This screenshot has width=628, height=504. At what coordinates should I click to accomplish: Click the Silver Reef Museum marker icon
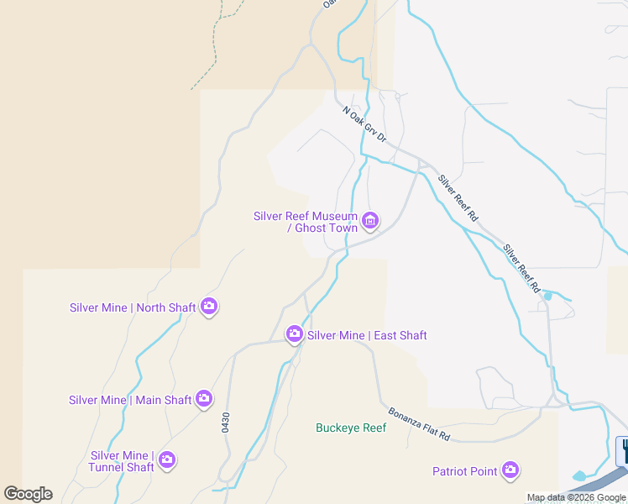[369, 221]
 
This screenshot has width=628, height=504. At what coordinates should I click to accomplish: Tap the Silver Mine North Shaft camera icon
[209, 307]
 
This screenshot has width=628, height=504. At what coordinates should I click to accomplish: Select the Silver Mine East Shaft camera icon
[294, 335]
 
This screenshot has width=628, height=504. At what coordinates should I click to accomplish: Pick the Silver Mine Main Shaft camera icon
[204, 400]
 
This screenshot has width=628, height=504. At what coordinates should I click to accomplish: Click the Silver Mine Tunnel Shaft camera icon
[166, 459]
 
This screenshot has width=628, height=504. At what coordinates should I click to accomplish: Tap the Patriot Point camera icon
[510, 471]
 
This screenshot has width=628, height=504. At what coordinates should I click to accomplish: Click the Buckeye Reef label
[351, 428]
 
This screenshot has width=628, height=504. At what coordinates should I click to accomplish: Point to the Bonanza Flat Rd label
[419, 425]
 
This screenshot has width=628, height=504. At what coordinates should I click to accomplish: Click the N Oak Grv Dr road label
[364, 123]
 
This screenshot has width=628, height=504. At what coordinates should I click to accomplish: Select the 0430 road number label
[226, 422]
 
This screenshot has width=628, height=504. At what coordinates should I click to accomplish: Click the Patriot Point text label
[464, 471]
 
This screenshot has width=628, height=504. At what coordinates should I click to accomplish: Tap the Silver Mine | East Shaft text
[367, 335]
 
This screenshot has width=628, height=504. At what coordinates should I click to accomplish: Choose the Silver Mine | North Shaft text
[133, 307]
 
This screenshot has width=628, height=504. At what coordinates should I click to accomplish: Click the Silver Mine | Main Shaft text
[130, 400]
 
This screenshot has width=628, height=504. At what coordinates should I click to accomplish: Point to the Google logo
[28, 494]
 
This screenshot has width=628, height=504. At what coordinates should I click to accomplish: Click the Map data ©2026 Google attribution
[577, 497]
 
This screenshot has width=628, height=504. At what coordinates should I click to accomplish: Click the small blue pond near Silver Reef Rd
[548, 296]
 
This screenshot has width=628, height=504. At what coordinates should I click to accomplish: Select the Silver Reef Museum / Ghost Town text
[306, 222]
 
